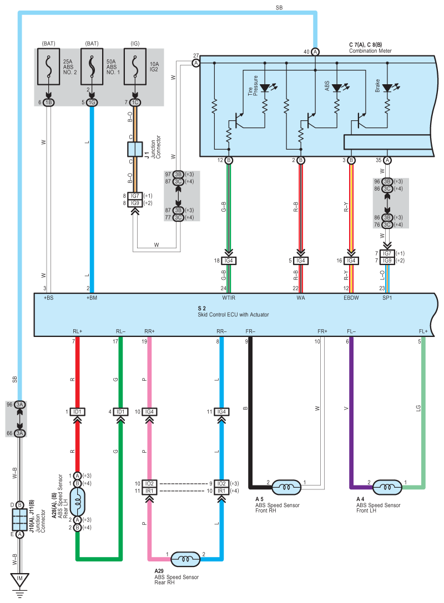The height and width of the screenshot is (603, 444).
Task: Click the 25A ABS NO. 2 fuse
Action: point(48,67)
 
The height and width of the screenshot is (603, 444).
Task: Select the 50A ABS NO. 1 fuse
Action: point(92,67)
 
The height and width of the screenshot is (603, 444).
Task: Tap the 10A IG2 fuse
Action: point(135,67)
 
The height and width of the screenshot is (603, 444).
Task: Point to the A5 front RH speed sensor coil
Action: point(286,487)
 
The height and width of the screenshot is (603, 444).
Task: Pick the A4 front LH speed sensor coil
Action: point(387,487)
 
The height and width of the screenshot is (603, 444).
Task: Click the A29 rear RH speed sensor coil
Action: point(185,559)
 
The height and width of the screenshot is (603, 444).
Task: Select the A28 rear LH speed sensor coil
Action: point(77,502)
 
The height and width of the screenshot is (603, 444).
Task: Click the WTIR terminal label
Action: point(228,298)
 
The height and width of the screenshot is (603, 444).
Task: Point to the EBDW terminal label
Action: point(351,298)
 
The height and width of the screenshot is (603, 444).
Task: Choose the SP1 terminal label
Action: point(387,298)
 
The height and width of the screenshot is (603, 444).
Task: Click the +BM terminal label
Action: point(92,298)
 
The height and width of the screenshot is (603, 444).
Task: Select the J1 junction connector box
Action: point(135,149)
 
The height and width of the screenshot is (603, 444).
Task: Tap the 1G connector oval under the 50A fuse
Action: point(92,103)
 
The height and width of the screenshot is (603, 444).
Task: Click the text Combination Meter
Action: point(370,51)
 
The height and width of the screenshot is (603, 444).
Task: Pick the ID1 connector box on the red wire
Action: point(77,412)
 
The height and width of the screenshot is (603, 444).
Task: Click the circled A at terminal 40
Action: point(315,52)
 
